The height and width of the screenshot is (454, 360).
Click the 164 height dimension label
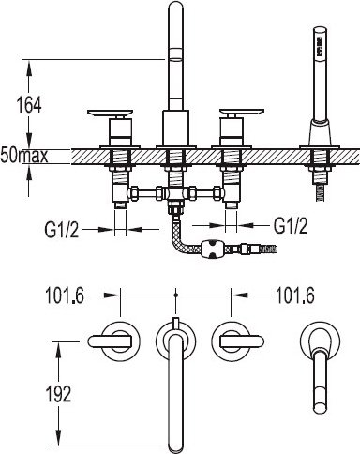29,105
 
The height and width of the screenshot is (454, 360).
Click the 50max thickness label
24,156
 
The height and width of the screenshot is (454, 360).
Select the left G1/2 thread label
62,230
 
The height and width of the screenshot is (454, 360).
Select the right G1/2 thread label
291,225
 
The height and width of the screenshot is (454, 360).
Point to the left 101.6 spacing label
65,295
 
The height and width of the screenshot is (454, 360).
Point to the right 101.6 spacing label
294,295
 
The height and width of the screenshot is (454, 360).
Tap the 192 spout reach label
58,394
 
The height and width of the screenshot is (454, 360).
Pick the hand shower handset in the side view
321,74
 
